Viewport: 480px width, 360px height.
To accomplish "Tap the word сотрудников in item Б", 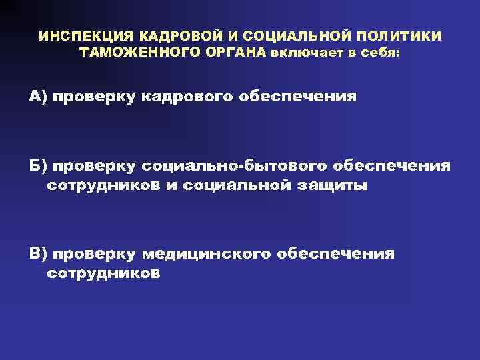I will click(x=103, y=185).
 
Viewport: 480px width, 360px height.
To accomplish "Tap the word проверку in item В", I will click(x=95, y=253).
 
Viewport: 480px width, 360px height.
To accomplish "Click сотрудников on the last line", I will click(x=103, y=274).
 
